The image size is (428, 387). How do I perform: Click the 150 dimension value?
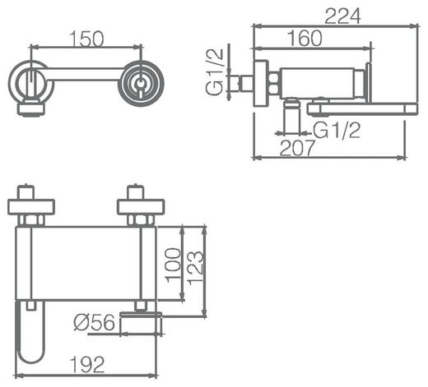87,39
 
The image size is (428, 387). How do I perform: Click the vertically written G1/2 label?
216,72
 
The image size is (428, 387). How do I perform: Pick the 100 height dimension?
173,264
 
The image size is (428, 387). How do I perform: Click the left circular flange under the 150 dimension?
30,83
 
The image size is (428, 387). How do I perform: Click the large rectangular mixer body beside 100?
86,263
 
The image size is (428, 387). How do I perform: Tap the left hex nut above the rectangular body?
30,220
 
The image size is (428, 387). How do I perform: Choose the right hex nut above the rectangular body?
141,220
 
